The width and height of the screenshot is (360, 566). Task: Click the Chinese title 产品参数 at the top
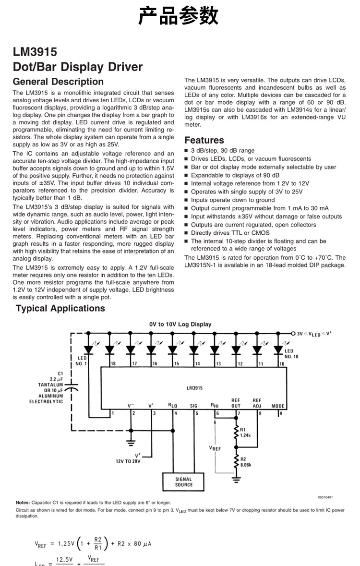point(179,16)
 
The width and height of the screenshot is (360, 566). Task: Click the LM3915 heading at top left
point(35,52)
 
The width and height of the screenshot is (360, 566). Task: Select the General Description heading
point(58,82)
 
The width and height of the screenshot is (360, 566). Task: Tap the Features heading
point(204,140)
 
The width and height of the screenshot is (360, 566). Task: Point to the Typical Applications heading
point(60,308)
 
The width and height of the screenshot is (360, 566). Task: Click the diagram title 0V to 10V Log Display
point(180,324)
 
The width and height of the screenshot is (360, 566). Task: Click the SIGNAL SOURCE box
point(183,482)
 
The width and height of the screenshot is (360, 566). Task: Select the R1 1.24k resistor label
point(245,432)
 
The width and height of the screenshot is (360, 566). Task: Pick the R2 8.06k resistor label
point(245,462)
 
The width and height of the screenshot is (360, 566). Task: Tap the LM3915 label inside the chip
point(194,387)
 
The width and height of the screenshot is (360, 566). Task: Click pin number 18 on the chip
point(113,363)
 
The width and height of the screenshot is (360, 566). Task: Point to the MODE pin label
point(278,406)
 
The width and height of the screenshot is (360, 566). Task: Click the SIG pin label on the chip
point(193,406)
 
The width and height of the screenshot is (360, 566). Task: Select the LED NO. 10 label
point(291,354)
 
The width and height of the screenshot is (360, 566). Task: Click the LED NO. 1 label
point(82,361)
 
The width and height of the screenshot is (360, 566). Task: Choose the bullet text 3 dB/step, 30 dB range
point(223,150)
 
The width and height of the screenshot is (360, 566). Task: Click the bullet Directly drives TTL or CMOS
point(230,233)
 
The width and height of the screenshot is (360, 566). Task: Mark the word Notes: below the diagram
point(23,502)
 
